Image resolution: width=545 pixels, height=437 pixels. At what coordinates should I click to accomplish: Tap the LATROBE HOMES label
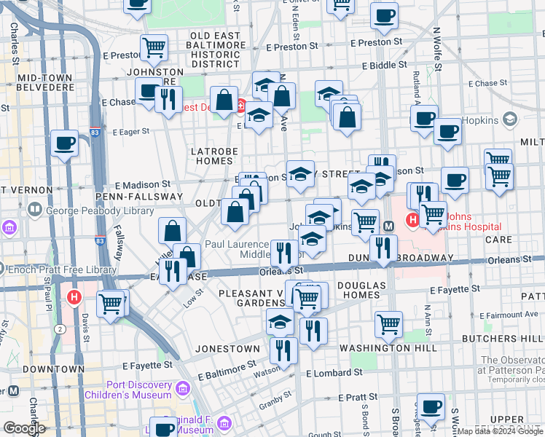pos(211,156)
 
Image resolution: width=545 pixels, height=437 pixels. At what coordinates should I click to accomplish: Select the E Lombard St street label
pos(334,373)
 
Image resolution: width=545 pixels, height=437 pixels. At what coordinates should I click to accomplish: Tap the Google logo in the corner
pos(24,428)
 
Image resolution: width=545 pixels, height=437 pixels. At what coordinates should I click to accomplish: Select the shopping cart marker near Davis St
pos(111,302)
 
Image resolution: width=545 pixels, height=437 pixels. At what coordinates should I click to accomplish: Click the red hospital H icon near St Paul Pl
pos(74,297)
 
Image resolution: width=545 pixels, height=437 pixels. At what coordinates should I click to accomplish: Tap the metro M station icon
pos(389,226)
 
